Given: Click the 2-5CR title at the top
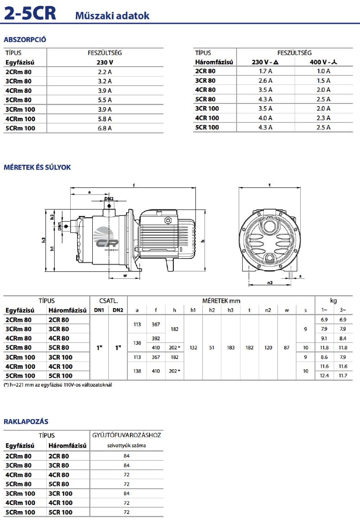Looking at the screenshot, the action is point(30,13).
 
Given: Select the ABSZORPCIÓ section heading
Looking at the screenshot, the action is point(25,39).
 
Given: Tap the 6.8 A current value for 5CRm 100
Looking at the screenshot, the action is point(105,128).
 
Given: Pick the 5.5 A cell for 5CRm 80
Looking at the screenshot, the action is point(105,100).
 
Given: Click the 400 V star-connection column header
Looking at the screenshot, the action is point(324,62).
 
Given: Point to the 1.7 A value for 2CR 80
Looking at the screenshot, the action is point(266,71).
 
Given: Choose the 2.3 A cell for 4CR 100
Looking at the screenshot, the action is point(324,118).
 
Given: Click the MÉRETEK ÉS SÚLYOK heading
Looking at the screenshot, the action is point(37,168).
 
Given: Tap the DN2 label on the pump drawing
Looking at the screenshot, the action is point(109,199).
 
